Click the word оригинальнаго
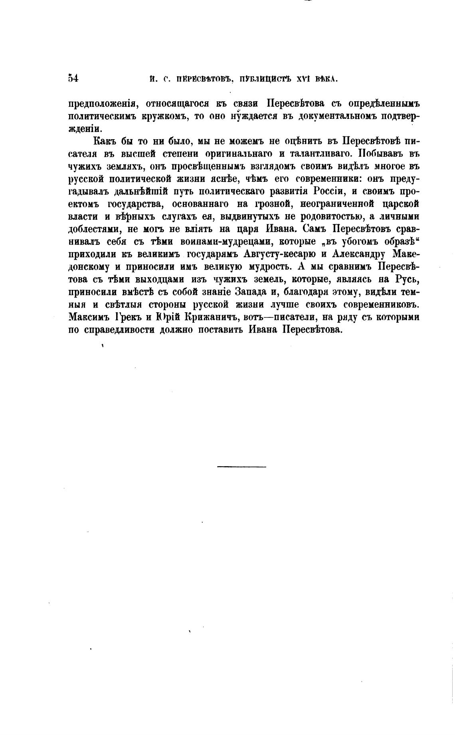[244, 154]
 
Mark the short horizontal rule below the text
[242, 467]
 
